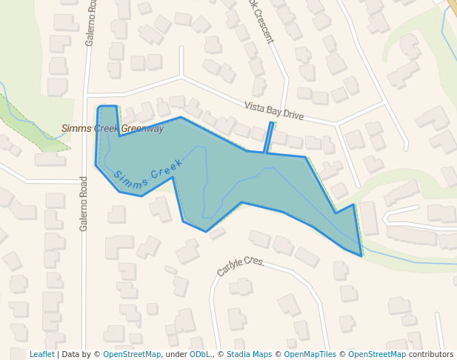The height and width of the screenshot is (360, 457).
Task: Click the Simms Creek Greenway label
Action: (113, 129)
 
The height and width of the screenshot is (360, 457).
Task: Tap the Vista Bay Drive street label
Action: (274, 110)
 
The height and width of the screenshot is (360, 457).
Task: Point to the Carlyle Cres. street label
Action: (241, 267)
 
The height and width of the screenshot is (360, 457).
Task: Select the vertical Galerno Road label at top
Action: (90, 22)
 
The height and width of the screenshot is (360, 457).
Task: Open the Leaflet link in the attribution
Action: (41, 355)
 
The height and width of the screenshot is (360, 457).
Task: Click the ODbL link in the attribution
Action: (200, 355)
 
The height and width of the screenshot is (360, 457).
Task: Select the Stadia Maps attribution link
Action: (249, 355)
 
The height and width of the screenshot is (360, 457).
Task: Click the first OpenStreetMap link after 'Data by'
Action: (131, 355)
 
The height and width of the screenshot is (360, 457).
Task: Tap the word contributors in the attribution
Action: (431, 355)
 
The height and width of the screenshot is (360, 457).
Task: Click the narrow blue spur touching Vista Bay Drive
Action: (268, 138)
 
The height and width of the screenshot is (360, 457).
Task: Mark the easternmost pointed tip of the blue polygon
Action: (361, 256)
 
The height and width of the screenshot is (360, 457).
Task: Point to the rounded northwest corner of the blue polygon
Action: (100, 109)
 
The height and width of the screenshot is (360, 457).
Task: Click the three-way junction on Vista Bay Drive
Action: (181, 76)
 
